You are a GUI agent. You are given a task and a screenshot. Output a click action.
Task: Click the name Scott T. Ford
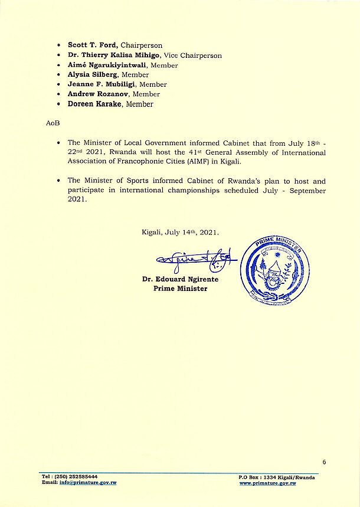tap(93, 45)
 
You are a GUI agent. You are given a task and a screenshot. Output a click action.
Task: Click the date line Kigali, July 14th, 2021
tap(180, 233)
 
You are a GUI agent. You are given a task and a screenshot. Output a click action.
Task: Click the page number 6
tap(324, 462)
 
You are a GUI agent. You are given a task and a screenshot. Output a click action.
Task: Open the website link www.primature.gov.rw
tap(276, 483)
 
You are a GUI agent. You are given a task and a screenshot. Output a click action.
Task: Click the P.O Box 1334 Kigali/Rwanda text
tap(276, 477)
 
